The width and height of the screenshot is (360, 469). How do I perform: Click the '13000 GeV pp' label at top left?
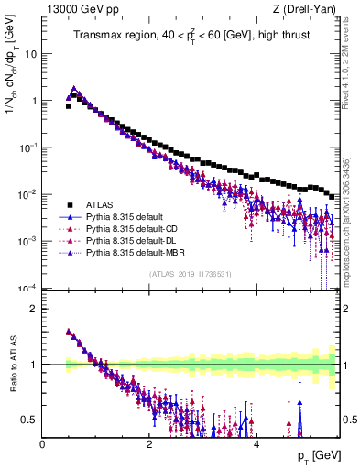click(x=71, y=9)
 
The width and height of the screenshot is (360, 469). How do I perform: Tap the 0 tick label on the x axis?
click(x=42, y=443)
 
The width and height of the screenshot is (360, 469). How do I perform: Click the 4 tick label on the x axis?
click(x=256, y=443)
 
